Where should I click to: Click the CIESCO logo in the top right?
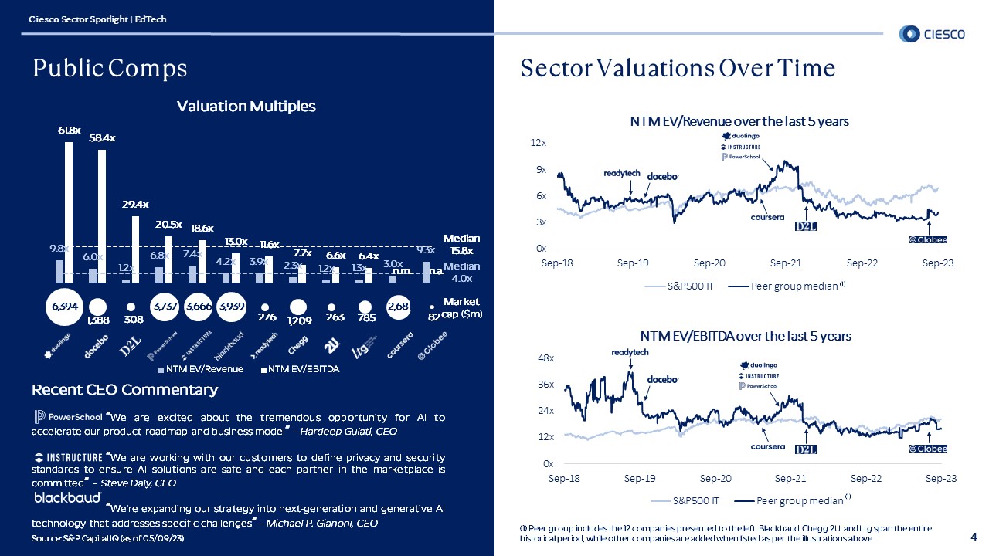[x=931, y=33]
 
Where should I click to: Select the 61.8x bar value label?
[x=69, y=131]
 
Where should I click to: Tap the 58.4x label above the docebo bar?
[x=102, y=139]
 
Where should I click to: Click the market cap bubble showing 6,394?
[x=63, y=307]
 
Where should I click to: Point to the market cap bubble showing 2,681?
[x=400, y=307]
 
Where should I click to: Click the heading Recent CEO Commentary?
[x=124, y=389]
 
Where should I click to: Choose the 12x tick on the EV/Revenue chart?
[x=539, y=144]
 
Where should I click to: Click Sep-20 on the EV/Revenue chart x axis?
[x=709, y=263]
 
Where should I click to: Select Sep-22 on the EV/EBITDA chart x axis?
[x=865, y=479]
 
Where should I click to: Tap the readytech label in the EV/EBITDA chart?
[x=630, y=352]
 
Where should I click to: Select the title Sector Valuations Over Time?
[x=678, y=69]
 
